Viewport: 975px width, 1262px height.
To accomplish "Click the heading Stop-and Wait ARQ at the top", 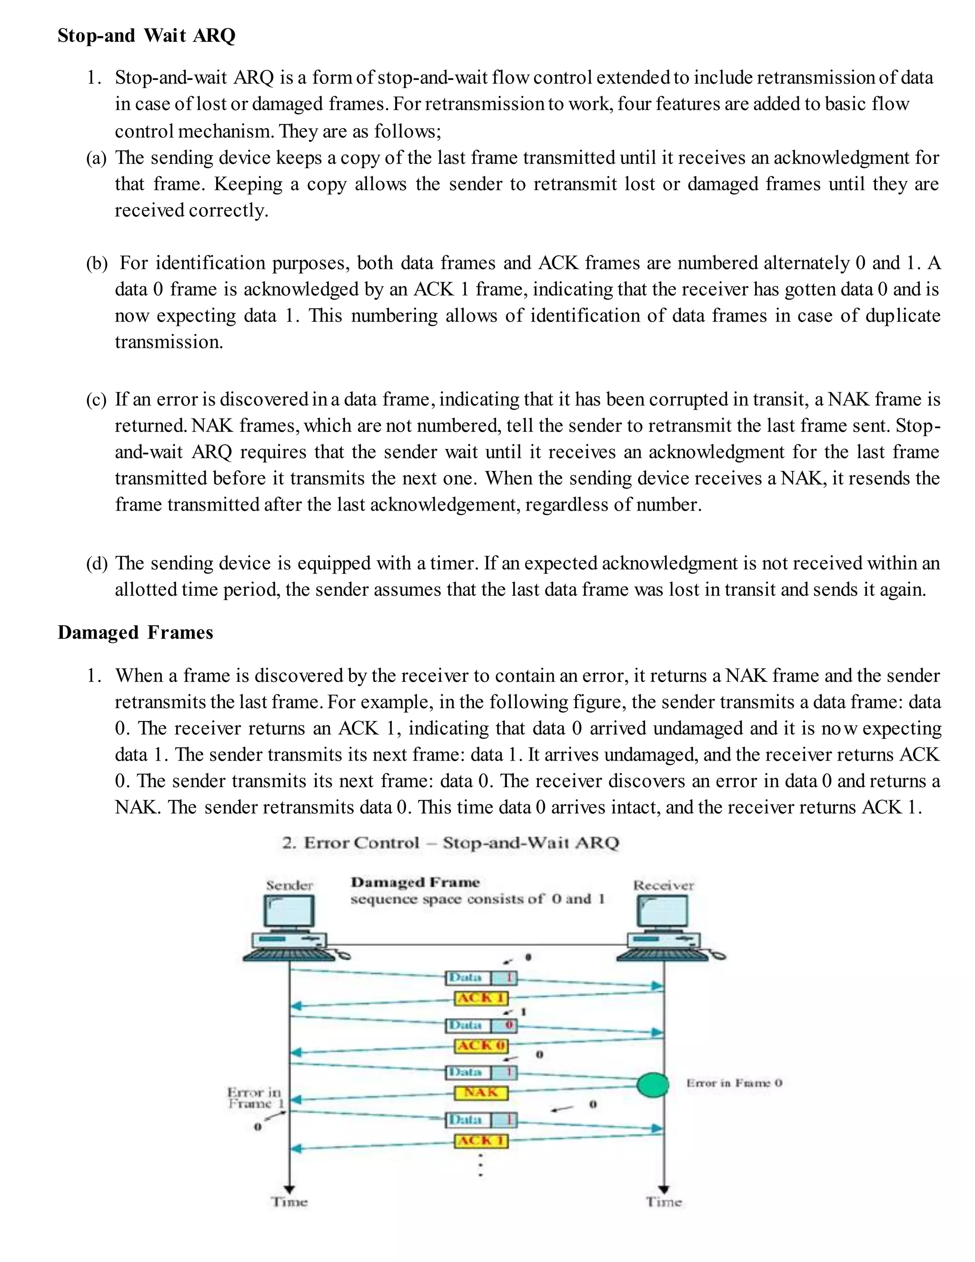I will (x=146, y=36).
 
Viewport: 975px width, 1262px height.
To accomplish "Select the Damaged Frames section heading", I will (x=135, y=633).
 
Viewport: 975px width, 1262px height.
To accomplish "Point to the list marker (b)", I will (x=97, y=263).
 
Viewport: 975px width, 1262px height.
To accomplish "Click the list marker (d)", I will (x=97, y=563).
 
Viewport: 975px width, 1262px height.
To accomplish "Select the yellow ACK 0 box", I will (x=482, y=1045).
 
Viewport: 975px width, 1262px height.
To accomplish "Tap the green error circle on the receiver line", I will (x=653, y=1084).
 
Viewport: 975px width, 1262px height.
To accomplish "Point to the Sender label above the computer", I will (x=289, y=885).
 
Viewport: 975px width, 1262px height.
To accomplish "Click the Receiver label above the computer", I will (x=664, y=885).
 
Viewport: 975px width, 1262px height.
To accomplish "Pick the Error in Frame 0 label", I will (x=734, y=1083).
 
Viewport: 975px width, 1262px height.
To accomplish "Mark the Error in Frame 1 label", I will (x=255, y=1098).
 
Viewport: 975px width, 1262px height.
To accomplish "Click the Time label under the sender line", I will (x=289, y=1202).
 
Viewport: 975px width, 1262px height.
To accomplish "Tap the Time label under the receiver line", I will (x=664, y=1202).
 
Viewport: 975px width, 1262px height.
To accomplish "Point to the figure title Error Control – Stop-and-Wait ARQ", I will (x=450, y=842).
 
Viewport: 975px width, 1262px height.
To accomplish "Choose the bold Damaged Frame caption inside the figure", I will (x=415, y=882).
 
